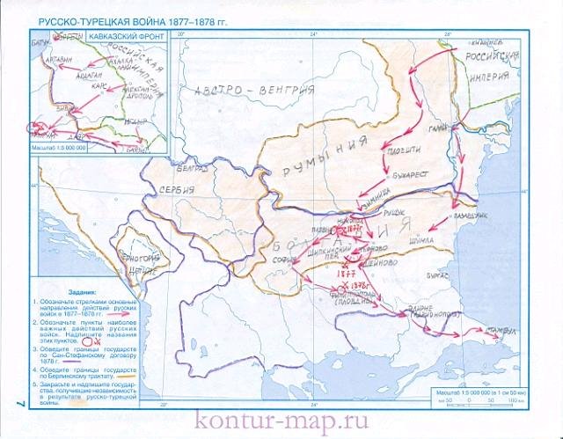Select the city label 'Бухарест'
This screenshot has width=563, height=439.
point(412,174)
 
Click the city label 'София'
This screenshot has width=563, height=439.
point(282,260)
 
